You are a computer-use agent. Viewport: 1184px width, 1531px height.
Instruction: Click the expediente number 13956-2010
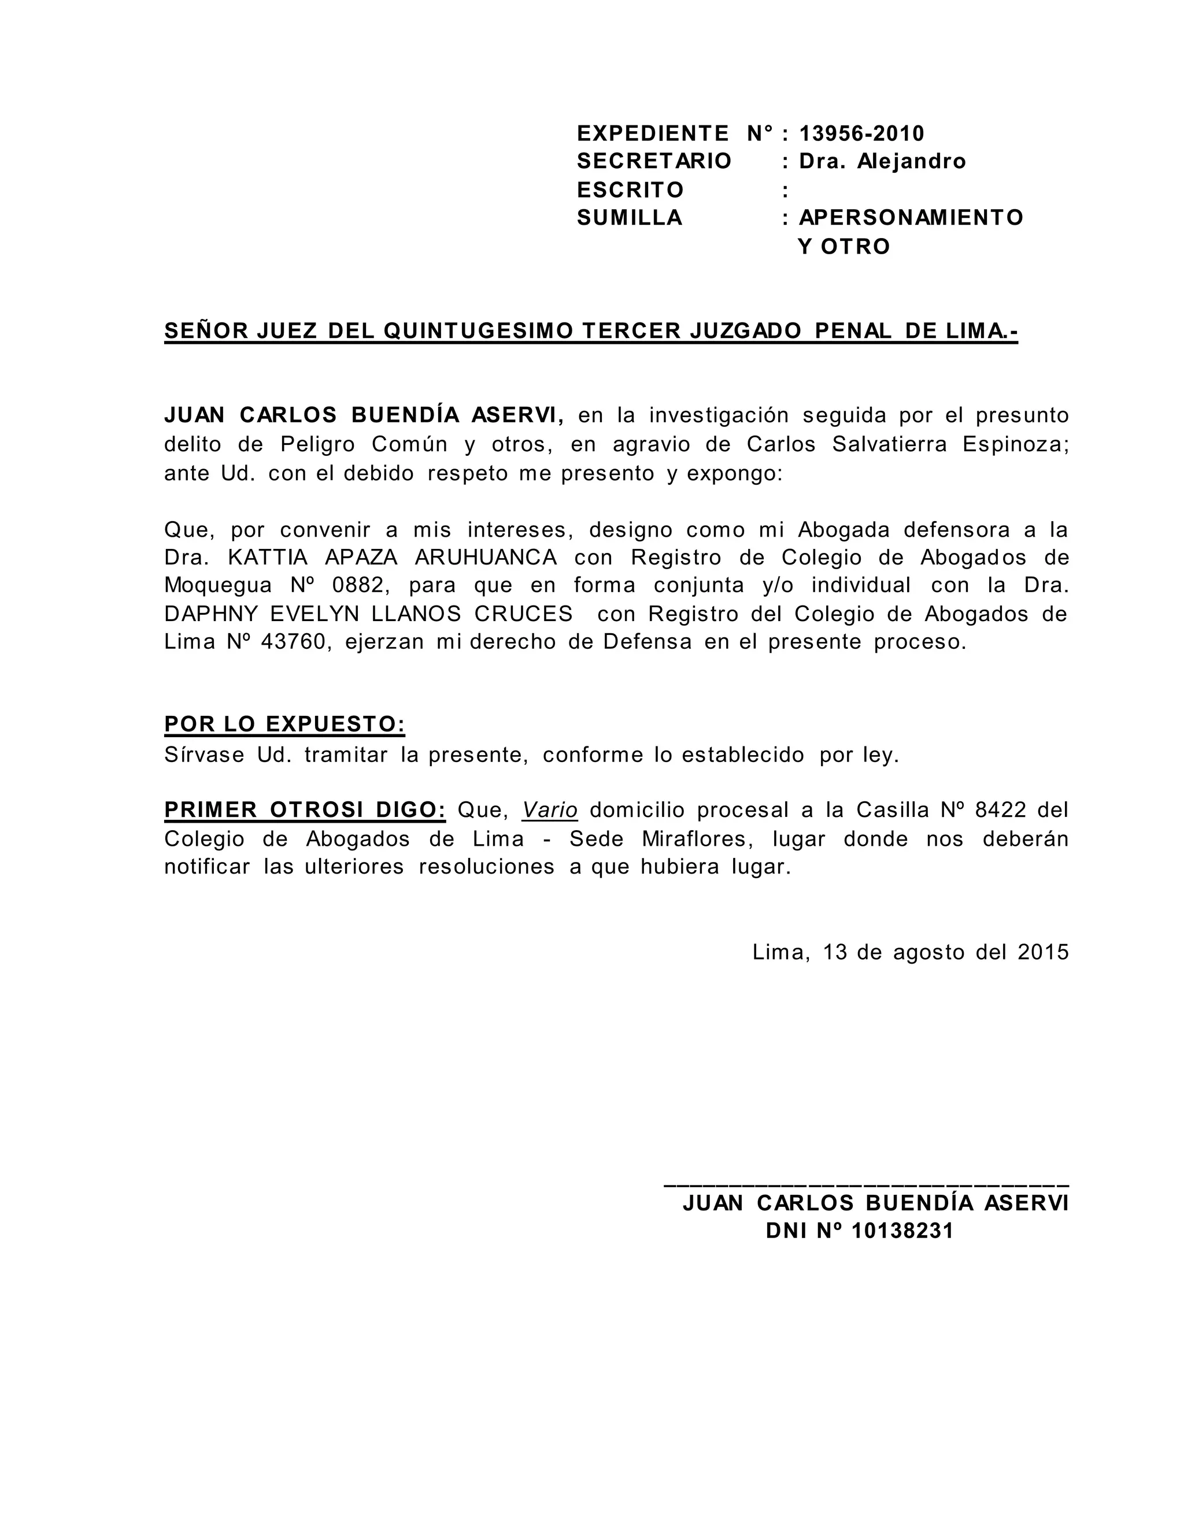[x=861, y=133]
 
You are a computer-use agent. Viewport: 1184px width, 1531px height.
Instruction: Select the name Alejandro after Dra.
[x=911, y=162]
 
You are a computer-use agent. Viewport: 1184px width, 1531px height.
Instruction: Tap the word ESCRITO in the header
[x=630, y=190]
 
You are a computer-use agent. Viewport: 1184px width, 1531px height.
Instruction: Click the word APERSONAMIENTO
[x=911, y=218]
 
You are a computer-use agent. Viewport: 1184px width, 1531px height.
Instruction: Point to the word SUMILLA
[x=629, y=218]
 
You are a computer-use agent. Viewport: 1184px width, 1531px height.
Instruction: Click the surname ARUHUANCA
[x=486, y=558]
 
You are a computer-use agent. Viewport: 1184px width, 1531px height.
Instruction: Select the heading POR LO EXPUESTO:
[x=284, y=724]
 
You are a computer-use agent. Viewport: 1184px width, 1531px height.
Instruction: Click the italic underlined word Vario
[x=550, y=811]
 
